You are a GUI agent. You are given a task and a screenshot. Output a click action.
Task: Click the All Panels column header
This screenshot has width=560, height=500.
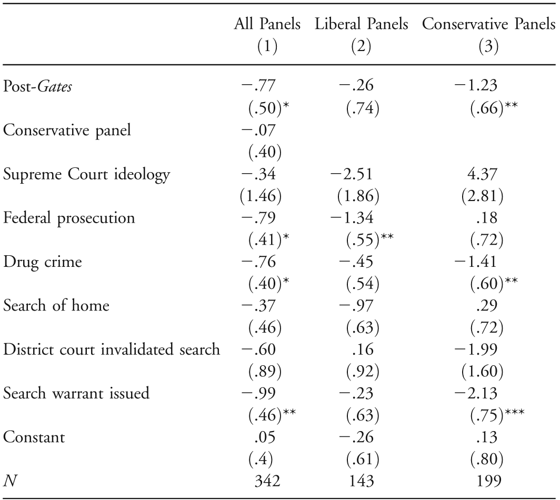268,25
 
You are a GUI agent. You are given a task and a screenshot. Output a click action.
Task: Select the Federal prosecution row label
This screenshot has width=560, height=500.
69,218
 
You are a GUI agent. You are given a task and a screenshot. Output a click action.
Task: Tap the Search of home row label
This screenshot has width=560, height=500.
56,305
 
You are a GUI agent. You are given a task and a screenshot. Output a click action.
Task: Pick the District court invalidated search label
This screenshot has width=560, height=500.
112,349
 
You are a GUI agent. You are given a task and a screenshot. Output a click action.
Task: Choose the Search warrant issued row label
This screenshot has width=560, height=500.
76,393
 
